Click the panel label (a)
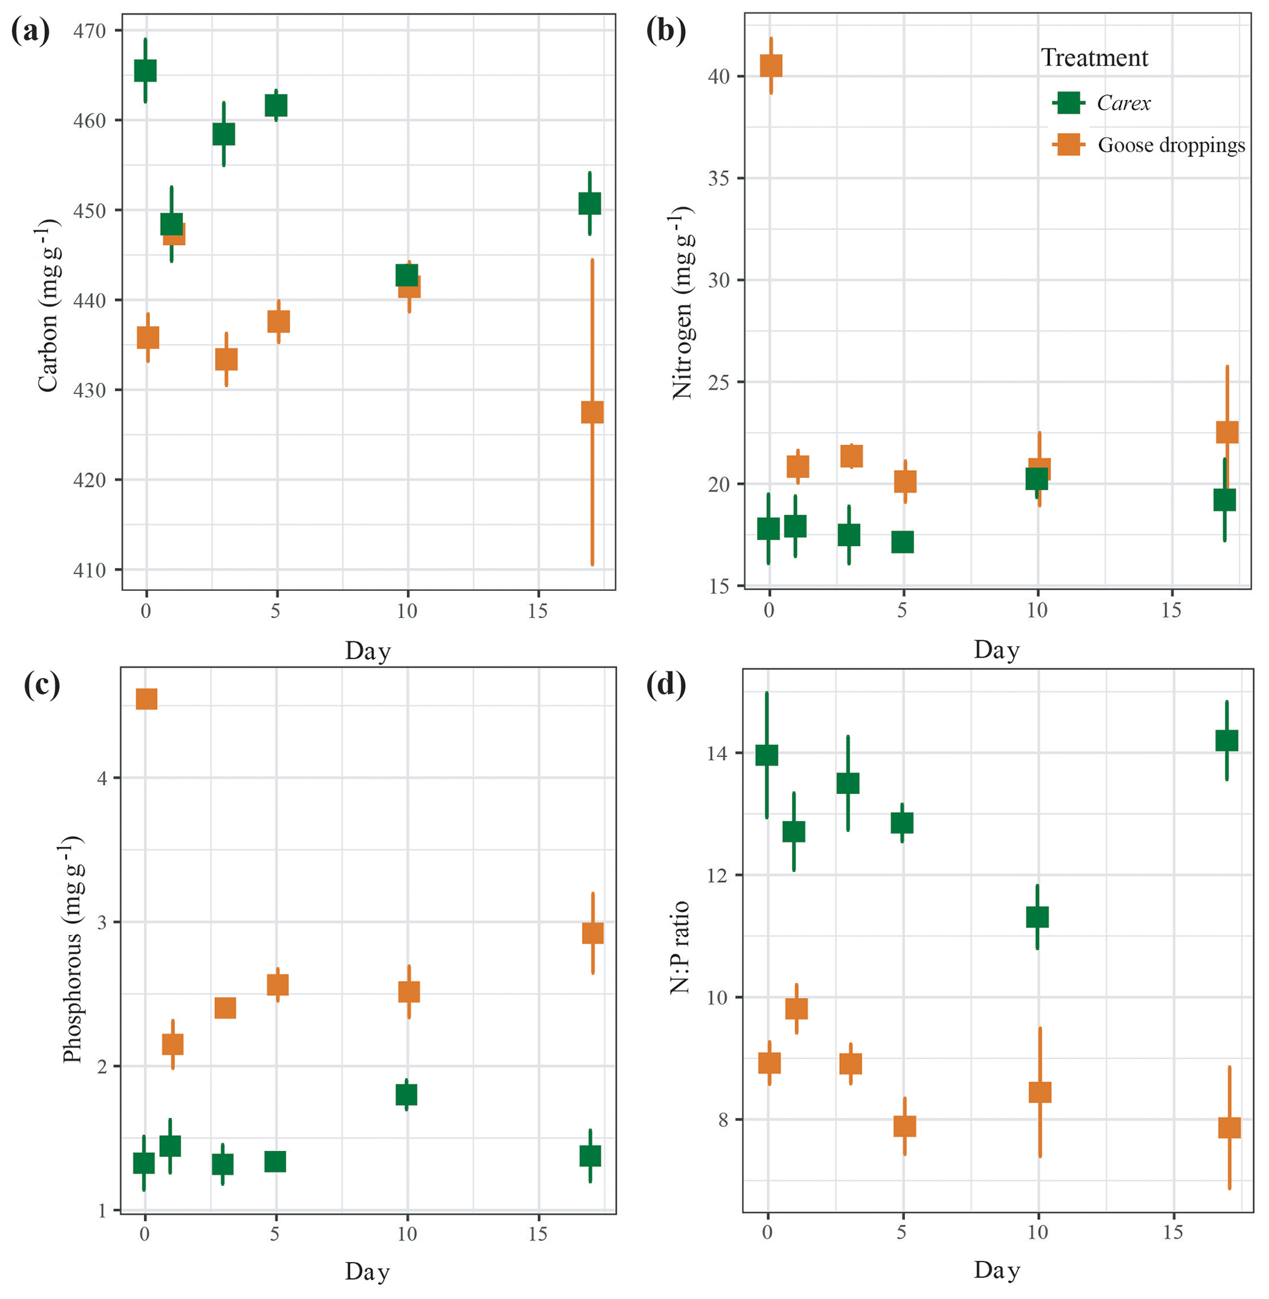tap(30, 31)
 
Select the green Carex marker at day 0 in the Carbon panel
tap(146, 71)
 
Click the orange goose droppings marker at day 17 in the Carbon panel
tap(592, 412)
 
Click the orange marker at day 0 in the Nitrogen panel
tap(771, 65)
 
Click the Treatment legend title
tap(1095, 58)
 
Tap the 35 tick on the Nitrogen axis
tap(718, 179)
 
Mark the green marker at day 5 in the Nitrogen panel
tap(902, 542)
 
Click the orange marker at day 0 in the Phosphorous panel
tap(147, 700)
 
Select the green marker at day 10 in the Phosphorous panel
tap(406, 1095)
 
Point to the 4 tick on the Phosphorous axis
tap(103, 778)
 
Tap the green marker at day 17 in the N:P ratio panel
tap(1227, 741)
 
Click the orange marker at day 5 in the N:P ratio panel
tap(904, 1126)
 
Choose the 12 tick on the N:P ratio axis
tap(718, 876)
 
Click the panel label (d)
tap(666, 684)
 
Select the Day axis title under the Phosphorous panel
tap(367, 1271)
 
